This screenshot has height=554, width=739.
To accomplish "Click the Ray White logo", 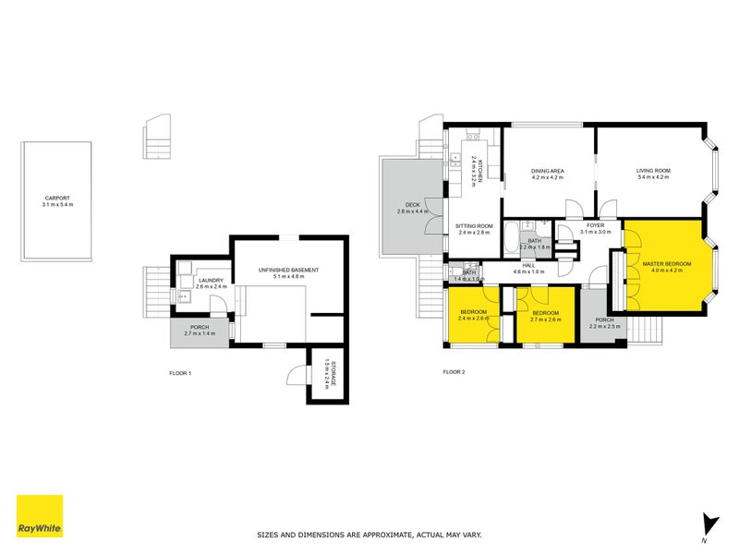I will click(40, 516).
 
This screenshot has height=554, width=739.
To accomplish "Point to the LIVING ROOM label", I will click(652, 171).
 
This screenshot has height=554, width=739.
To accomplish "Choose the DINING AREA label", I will click(547, 171).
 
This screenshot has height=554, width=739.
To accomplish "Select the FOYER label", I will click(595, 225).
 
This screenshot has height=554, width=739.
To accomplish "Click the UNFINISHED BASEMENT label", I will click(289, 270).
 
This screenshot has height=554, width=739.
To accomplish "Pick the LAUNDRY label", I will click(210, 281).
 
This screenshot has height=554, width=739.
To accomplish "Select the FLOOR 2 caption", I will click(454, 372).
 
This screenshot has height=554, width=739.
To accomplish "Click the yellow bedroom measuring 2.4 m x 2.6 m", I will click(473, 316).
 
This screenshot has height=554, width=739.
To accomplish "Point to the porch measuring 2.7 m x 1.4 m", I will click(199, 330).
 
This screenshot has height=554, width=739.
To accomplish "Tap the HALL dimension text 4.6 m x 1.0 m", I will click(529, 273).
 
